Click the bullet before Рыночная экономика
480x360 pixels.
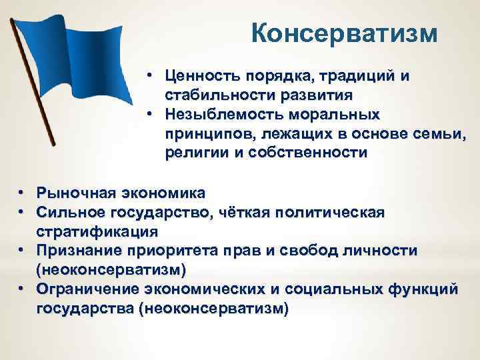[22, 193]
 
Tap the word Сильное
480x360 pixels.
[69, 212]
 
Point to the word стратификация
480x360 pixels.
[97, 231]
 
